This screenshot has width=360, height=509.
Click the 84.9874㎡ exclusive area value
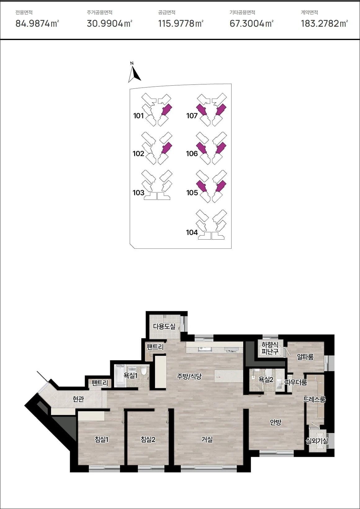[x=37, y=23]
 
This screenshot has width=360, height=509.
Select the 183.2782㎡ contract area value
[x=325, y=23]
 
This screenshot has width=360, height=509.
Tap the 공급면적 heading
[x=167, y=12]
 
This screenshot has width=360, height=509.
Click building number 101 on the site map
[x=138, y=116]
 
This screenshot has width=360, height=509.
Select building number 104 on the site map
[x=192, y=232]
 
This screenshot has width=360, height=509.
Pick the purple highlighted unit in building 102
[x=167, y=148]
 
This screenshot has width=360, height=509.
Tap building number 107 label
[x=192, y=116]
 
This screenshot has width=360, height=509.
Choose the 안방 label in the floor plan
[x=276, y=422]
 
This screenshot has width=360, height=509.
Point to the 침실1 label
[x=101, y=439]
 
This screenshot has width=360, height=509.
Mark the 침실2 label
[x=148, y=439]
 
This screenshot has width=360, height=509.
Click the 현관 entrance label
[x=78, y=399]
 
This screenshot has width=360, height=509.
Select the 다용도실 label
[x=164, y=327]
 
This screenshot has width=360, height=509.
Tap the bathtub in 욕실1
[x=120, y=376]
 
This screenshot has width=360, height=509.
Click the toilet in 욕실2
[x=268, y=373]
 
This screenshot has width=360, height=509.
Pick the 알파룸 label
[x=305, y=357]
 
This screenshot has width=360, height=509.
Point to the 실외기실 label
[x=317, y=441]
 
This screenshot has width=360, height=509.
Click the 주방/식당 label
[x=189, y=376]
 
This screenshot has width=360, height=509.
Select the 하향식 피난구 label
[x=270, y=348]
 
